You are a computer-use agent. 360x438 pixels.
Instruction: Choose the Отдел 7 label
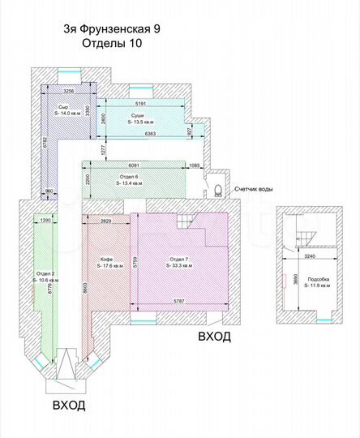178,260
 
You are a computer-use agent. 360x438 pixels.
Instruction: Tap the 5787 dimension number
178,303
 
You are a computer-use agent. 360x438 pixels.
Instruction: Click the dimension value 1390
45,220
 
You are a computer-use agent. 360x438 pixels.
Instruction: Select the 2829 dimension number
105,220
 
